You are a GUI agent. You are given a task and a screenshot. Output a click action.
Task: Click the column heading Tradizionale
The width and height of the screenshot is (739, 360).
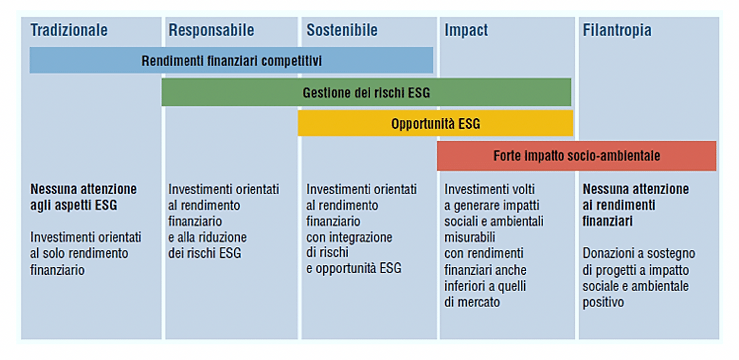[69, 30]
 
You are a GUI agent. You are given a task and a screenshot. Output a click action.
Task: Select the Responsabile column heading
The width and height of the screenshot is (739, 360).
[211, 30]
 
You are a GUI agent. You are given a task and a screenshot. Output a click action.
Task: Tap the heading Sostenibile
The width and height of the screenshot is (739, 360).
[342, 30]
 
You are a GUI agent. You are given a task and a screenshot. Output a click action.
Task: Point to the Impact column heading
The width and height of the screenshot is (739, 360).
[466, 31]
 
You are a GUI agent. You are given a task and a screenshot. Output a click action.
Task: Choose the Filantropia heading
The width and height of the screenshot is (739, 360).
[617, 31]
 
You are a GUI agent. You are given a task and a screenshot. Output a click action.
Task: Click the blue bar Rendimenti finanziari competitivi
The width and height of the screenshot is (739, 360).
[231, 60]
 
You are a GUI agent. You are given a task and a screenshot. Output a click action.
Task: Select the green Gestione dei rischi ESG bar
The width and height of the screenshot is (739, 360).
[366, 92]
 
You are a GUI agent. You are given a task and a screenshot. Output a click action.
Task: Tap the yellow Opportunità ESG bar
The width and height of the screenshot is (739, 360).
[435, 124]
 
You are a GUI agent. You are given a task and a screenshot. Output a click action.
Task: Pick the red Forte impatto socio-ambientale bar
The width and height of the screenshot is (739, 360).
[576, 156]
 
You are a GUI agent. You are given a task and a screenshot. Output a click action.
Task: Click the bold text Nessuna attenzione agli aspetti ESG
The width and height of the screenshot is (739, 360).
[83, 197]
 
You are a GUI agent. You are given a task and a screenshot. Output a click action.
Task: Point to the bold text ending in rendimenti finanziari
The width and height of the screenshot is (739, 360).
[635, 205]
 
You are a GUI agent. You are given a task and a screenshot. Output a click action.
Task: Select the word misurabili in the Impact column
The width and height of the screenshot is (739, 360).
[469, 237]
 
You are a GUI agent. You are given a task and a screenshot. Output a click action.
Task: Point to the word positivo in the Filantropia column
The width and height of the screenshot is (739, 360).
[603, 302]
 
